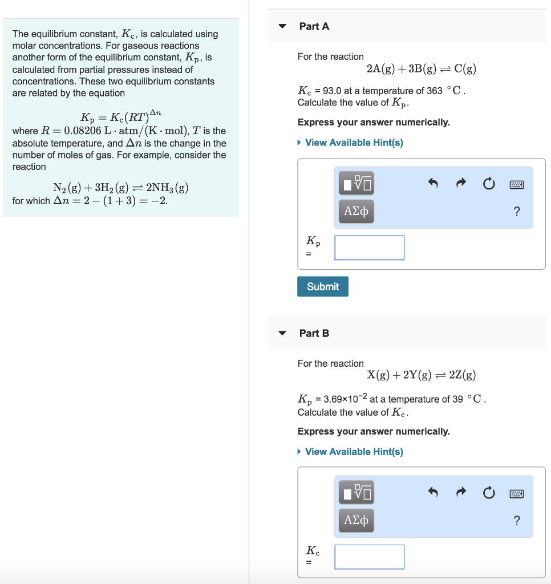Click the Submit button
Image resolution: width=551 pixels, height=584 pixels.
(322, 286)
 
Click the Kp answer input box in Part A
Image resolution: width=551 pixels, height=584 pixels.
(369, 248)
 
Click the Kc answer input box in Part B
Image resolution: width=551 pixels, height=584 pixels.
(369, 557)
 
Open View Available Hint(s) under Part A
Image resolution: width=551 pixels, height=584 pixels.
(354, 143)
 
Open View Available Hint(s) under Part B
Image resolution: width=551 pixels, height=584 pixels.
(354, 452)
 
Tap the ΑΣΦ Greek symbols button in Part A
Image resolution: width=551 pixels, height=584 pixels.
(356, 212)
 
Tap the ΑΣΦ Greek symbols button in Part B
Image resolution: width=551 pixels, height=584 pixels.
(356, 520)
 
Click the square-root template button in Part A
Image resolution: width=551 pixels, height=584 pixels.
(357, 184)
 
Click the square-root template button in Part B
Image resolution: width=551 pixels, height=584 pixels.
(357, 492)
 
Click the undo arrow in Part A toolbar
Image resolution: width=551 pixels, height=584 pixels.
(433, 184)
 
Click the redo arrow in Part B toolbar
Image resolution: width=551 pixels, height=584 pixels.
(461, 493)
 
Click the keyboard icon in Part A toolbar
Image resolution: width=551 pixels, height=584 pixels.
(517, 184)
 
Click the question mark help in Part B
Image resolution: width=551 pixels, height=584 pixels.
(517, 520)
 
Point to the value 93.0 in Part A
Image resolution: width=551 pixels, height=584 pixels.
(331, 91)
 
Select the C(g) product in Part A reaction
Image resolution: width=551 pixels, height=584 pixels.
(465, 69)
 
